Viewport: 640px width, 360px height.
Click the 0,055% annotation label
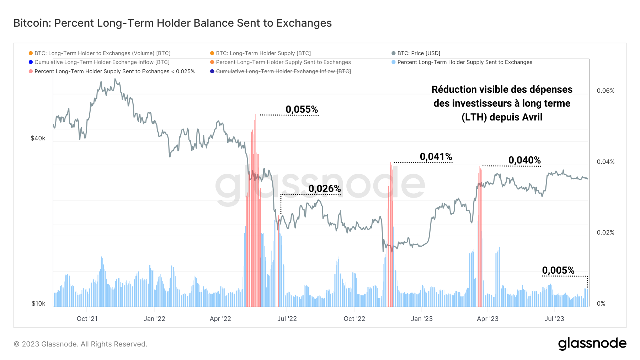(302, 109)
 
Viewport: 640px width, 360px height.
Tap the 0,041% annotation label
(436, 157)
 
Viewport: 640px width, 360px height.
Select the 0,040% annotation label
(524, 160)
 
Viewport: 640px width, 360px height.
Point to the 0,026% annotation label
(325, 189)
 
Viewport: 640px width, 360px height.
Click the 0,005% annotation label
(558, 270)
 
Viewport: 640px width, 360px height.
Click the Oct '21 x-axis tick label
(87, 319)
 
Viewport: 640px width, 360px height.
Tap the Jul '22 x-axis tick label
(287, 319)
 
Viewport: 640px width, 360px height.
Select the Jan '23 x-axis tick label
(422, 319)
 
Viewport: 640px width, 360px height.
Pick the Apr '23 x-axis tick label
(487, 319)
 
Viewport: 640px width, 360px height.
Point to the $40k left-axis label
(38, 138)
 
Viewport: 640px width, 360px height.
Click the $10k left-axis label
(38, 303)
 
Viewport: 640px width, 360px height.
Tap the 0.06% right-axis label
(606, 91)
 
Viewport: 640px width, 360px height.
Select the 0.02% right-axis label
(606, 232)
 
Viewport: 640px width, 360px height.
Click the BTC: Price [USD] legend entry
(418, 53)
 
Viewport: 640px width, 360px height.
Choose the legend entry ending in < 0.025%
(114, 71)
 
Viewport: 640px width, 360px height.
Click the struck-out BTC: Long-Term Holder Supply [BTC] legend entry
(263, 53)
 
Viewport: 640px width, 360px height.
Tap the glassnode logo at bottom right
(592, 344)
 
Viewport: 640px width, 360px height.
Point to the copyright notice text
(80, 344)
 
